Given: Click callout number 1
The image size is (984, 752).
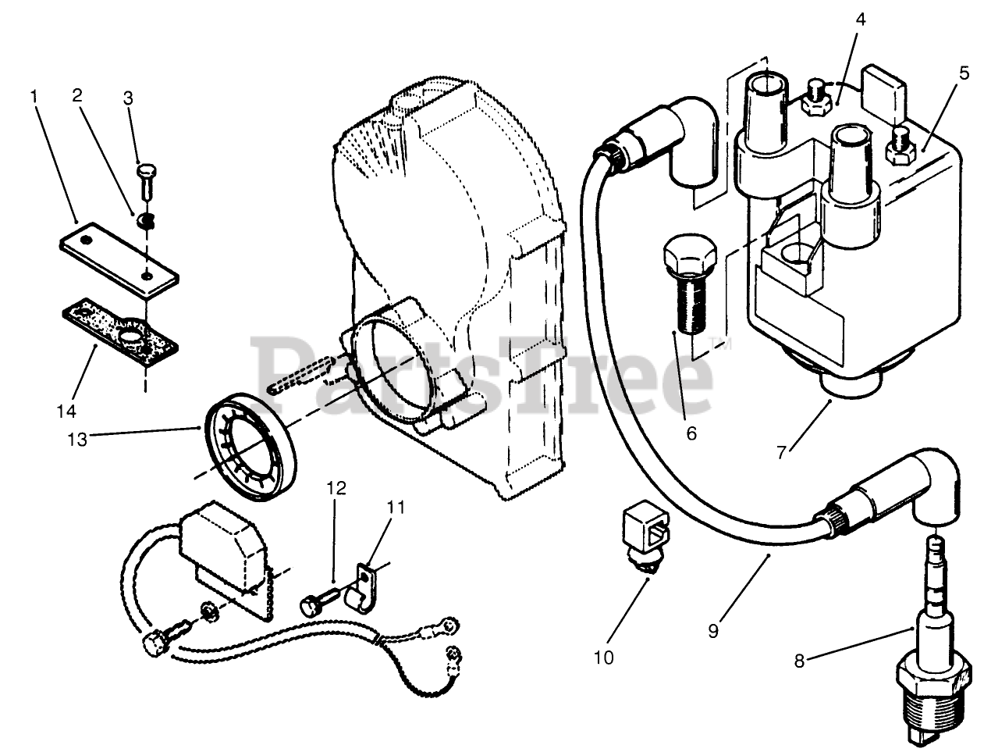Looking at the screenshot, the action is tap(34, 96).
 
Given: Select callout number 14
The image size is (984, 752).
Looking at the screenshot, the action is tap(66, 411).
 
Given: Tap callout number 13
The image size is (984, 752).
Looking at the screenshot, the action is tap(77, 439).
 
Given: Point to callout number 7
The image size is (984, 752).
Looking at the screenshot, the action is tap(782, 452).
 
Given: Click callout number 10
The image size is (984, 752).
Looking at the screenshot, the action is tap(603, 658).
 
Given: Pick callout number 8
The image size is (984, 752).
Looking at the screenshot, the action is tap(799, 661).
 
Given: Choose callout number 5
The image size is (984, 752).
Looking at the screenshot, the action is tap(964, 73).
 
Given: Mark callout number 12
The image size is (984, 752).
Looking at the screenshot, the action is tap(336, 488).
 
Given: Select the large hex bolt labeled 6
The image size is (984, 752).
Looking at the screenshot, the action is tap(690, 294).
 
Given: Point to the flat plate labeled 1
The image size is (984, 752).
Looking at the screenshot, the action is tap(119, 259).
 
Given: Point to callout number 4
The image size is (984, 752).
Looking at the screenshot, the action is tap(860, 20).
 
